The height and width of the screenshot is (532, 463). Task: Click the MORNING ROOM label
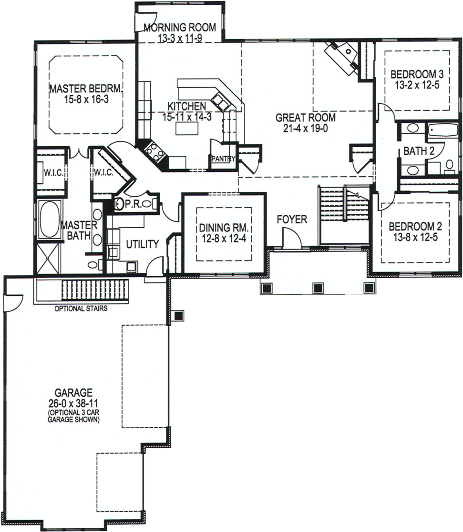pos(179,27)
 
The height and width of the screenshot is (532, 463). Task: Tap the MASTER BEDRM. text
pos(86,89)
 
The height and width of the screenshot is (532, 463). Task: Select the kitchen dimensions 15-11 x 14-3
pos(186,116)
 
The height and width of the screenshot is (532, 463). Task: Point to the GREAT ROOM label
pos(305,118)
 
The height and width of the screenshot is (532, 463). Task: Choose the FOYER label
pos(292,220)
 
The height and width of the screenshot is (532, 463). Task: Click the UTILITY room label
pos(142,244)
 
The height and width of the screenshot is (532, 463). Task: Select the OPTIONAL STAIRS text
pos(81,308)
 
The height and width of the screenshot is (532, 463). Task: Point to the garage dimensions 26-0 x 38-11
pos(73,402)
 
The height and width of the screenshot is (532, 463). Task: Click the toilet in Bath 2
pos(449,165)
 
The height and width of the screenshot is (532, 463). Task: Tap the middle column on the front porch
pos(318,288)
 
